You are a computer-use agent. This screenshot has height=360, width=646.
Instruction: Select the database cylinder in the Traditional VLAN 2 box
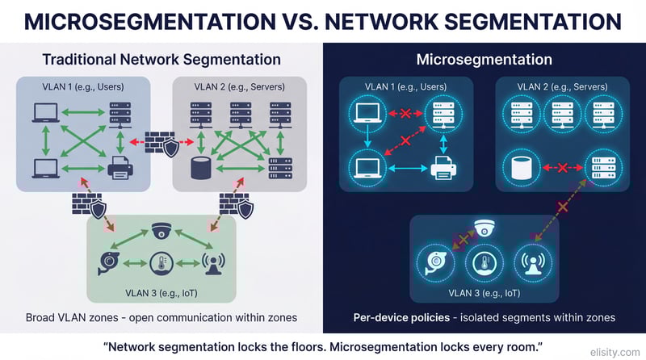pyautogui.click(x=198, y=169)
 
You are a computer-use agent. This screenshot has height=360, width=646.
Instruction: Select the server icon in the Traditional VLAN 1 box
pyautogui.click(x=120, y=114)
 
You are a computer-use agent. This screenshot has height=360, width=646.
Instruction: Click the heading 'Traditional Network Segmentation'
pyautogui.click(x=161, y=59)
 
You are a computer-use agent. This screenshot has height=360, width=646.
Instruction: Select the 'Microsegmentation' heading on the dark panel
pyautogui.click(x=484, y=59)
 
